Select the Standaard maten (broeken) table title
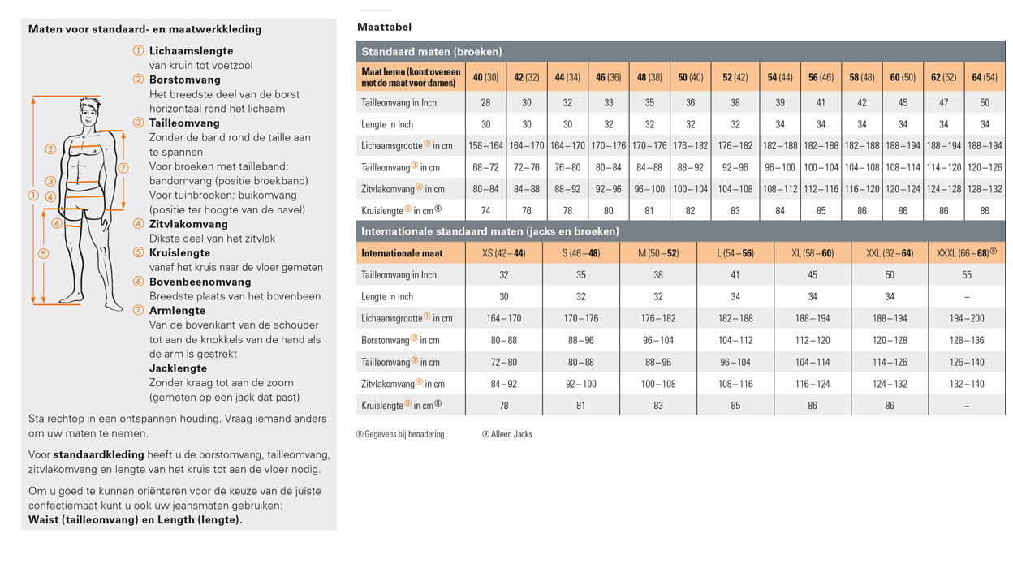point(431,51)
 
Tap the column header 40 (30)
point(485,77)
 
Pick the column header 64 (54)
point(984,77)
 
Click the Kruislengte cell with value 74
point(485,210)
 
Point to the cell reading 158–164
point(485,146)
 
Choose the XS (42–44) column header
point(503,253)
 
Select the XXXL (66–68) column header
point(966,253)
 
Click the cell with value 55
point(966,275)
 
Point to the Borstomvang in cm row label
point(400,341)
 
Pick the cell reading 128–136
point(966,341)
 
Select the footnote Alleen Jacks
point(511,434)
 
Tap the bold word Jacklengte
point(178,368)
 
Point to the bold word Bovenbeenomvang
point(188,282)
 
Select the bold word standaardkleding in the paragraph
point(98,454)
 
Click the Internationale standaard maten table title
point(489,231)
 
